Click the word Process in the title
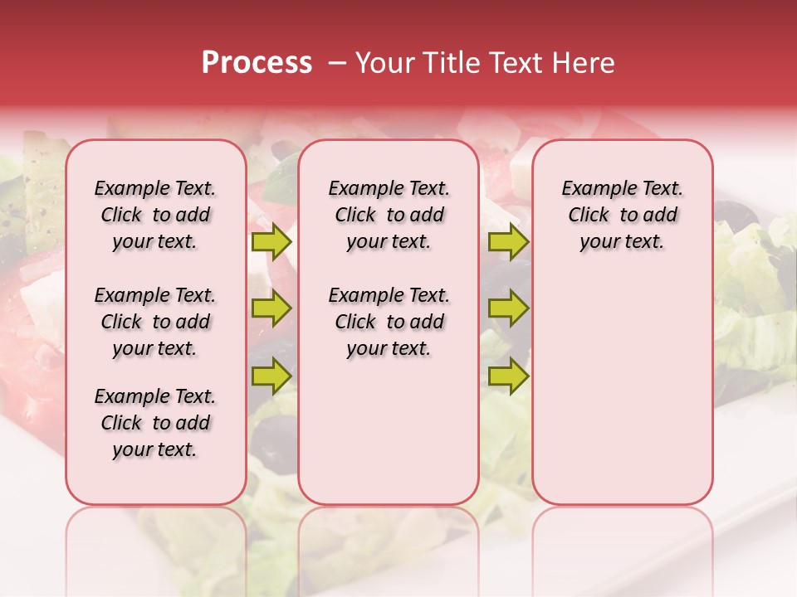[257, 63]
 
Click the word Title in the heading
[448, 63]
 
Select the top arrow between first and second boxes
[271, 242]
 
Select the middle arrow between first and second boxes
[271, 308]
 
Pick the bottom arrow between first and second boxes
[271, 375]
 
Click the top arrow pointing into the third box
[508, 242]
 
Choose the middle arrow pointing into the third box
[508, 308]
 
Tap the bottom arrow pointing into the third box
[508, 375]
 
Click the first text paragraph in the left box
[155, 215]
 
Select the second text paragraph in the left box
[155, 322]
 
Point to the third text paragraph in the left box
[155, 423]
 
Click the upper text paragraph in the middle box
[389, 215]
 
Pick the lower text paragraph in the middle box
[389, 322]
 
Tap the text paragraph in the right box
[622, 215]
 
